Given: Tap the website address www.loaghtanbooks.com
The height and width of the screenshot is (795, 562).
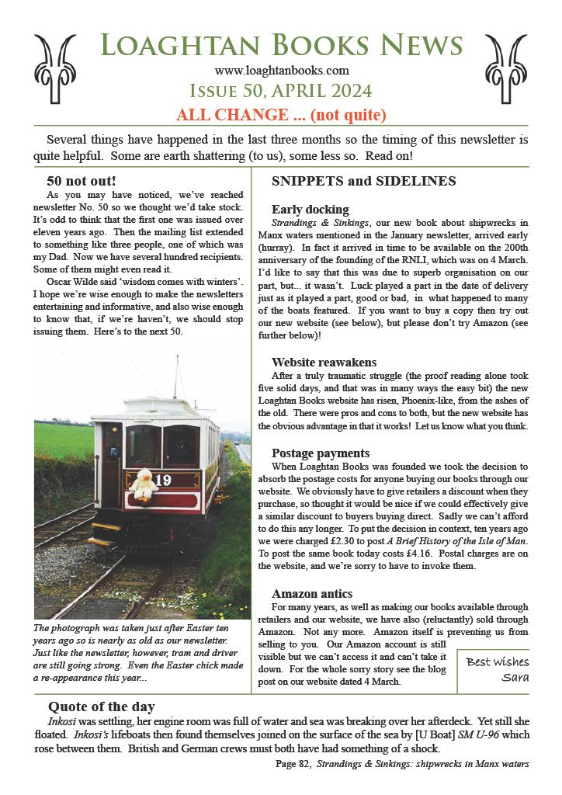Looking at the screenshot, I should click(280, 71).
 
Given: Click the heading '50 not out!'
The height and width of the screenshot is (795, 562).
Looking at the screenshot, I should click(82, 181).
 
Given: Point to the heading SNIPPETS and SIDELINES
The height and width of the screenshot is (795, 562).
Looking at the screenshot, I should click(363, 182).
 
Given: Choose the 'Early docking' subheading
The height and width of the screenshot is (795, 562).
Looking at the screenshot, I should click(310, 209).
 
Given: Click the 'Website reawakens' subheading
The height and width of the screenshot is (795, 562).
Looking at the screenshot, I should click(324, 362).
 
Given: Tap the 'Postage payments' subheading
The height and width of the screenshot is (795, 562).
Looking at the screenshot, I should click(321, 453).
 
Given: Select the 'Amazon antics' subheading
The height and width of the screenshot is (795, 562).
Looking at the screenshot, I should click(311, 593).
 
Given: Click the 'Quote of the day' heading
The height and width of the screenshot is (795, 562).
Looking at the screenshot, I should click(101, 706).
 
